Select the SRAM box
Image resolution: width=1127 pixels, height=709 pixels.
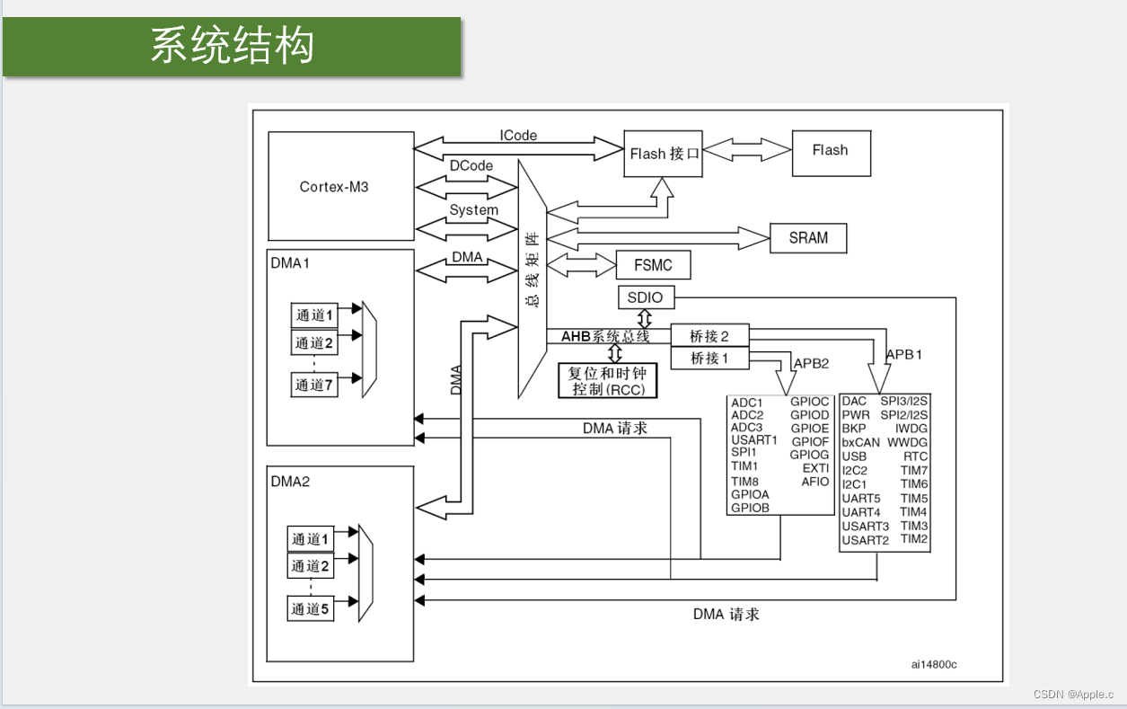pyautogui.click(x=808, y=238)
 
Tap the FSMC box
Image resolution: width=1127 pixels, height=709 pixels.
pyautogui.click(x=655, y=265)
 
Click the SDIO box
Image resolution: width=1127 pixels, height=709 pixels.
pyautogui.click(x=646, y=297)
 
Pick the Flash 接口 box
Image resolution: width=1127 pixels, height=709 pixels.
pyautogui.click(x=664, y=154)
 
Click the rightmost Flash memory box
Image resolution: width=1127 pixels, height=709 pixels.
pyautogui.click(x=831, y=151)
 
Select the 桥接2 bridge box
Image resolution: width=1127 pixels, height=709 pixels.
pyautogui.click(x=709, y=336)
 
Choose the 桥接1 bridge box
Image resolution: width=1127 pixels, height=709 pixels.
pyautogui.click(x=709, y=358)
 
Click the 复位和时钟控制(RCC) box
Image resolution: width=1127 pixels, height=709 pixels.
pyautogui.click(x=607, y=381)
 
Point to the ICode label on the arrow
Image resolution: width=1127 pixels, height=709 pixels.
pyautogui.click(x=518, y=135)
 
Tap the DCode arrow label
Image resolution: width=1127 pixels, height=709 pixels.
pyautogui.click(x=471, y=165)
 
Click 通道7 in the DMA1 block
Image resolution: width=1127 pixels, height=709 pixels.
pyautogui.click(x=314, y=385)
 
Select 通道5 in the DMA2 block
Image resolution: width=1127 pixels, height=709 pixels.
pyautogui.click(x=310, y=608)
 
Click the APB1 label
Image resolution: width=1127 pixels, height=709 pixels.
pyautogui.click(x=903, y=354)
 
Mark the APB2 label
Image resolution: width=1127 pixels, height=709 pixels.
pyautogui.click(x=811, y=363)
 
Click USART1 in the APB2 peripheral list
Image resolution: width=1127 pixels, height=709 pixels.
pyautogui.click(x=754, y=440)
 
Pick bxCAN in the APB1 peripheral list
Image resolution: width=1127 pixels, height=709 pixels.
pyautogui.click(x=860, y=442)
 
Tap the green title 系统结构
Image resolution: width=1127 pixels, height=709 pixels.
pyautogui.click(x=232, y=46)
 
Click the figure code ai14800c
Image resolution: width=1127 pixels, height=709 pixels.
pyautogui.click(x=933, y=664)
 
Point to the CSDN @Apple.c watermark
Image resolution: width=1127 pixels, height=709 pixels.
pyautogui.click(x=1073, y=695)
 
